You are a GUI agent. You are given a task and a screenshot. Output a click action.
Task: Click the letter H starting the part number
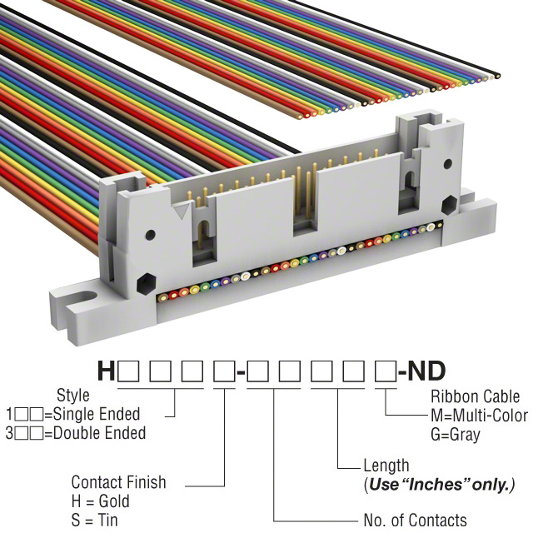tap(107, 370)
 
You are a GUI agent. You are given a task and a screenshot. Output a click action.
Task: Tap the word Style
tap(72, 396)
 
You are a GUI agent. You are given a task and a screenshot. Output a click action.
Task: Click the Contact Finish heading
tap(118, 482)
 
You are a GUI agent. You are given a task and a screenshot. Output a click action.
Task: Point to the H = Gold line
tap(101, 501)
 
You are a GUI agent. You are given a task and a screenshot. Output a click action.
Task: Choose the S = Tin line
tap(94, 520)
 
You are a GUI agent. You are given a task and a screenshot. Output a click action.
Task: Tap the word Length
tap(386, 466)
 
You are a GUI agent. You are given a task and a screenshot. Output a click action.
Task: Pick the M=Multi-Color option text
tap(479, 416)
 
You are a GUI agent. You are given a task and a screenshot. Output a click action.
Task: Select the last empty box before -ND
tap(383, 371)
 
